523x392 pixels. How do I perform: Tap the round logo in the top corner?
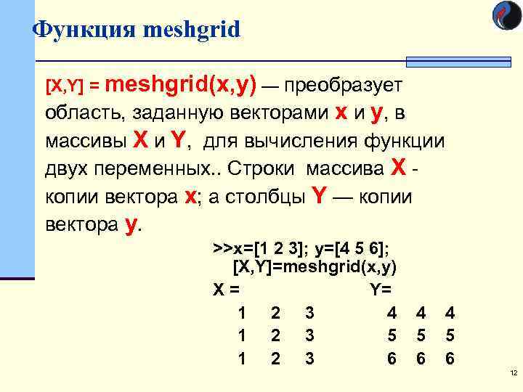[x=506, y=15]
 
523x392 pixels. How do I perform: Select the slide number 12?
[x=512, y=373]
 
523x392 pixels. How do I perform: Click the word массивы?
[x=81, y=141]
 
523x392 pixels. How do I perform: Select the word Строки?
[x=261, y=169]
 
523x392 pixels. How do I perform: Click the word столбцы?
[x=266, y=197]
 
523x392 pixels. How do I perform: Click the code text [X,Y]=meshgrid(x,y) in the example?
[x=315, y=266]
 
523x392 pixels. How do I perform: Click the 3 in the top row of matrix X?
[x=309, y=313]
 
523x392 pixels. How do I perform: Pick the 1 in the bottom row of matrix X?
[x=242, y=359]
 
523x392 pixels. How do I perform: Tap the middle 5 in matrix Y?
[x=421, y=336]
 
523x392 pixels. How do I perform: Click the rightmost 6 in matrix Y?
[x=450, y=359]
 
